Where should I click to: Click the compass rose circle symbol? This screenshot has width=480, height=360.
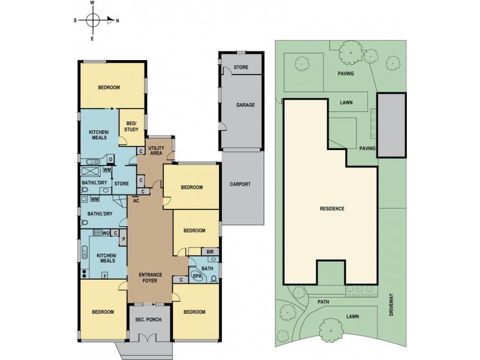click(x=93, y=20)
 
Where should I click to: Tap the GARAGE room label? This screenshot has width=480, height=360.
click(x=245, y=105)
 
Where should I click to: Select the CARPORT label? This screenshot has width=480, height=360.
click(x=240, y=184)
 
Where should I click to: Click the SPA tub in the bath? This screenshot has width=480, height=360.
click(x=197, y=276)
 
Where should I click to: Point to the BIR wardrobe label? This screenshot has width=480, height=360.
click(x=210, y=252)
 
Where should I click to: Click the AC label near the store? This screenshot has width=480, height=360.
click(x=136, y=201)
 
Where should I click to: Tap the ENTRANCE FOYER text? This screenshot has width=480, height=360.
click(x=150, y=278)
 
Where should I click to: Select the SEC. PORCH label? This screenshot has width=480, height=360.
click(x=148, y=320)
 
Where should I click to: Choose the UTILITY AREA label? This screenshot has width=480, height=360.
click(x=156, y=151)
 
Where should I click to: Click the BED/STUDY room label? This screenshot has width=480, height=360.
click(x=131, y=127)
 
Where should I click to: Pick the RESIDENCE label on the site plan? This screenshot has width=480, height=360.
click(x=332, y=209)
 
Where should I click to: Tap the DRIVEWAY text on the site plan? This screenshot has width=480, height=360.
click(x=391, y=305)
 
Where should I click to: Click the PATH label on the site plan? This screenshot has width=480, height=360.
click(x=323, y=302)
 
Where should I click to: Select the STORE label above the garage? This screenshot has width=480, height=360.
click(x=241, y=67)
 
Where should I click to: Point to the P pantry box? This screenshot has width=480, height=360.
click(x=123, y=239)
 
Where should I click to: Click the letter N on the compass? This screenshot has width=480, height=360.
click(x=117, y=21)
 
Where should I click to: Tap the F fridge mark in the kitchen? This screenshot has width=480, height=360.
click(x=106, y=275)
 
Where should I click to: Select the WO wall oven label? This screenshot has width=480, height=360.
click(x=106, y=233)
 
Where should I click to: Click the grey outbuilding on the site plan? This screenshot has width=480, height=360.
click(x=391, y=125)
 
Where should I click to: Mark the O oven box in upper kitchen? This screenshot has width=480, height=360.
click(x=110, y=159)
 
